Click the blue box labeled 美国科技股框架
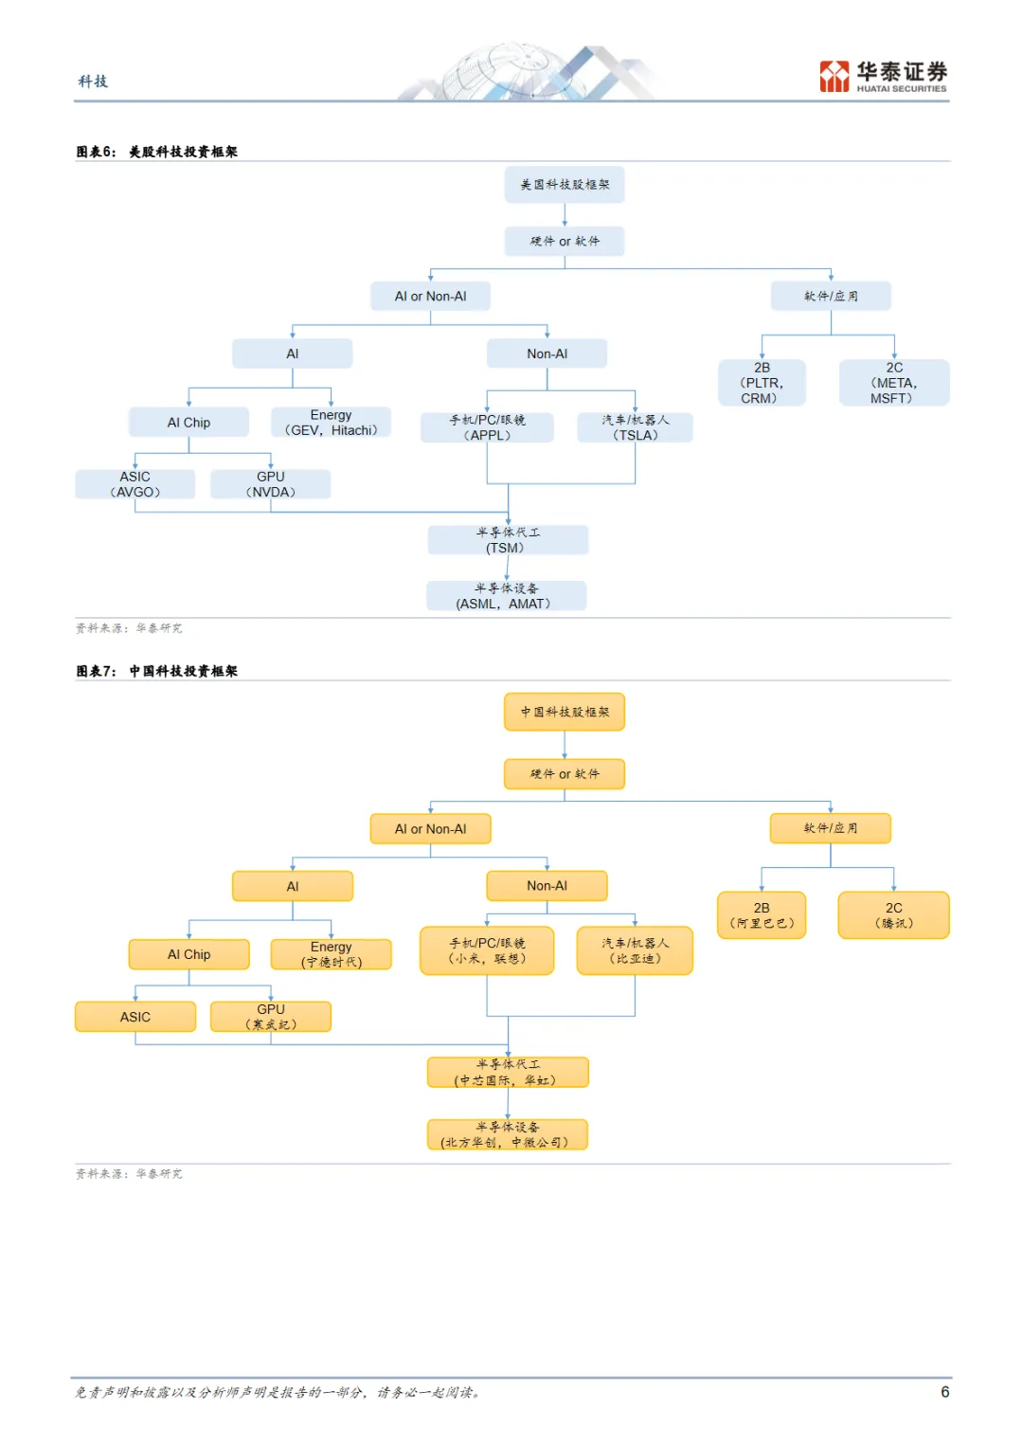(x=565, y=185)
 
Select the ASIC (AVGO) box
(x=135, y=484)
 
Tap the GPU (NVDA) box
(x=271, y=484)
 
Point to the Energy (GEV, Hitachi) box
(x=331, y=422)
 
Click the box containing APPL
(x=487, y=427)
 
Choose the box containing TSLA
(x=635, y=427)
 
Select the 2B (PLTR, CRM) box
(x=762, y=383)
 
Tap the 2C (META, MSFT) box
(x=894, y=383)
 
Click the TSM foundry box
(x=508, y=540)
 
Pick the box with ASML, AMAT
(x=507, y=596)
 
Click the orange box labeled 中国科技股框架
(x=565, y=712)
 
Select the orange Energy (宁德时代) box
(x=331, y=954)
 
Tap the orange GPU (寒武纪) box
(x=271, y=1016)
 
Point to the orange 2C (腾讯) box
(x=894, y=914)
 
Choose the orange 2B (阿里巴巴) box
(x=762, y=914)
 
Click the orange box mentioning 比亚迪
(x=635, y=950)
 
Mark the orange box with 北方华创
(x=508, y=1134)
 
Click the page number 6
(x=945, y=1391)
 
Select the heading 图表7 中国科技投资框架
(x=157, y=671)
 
